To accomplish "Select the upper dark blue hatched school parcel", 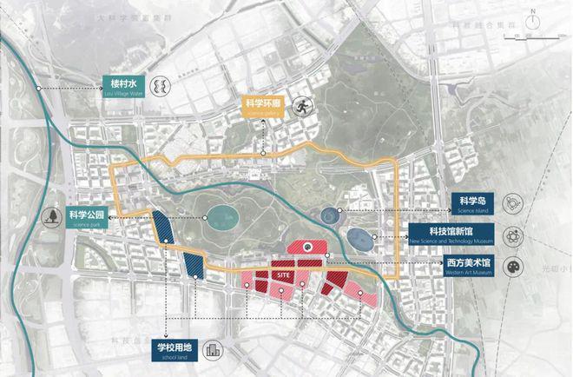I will pyautogui.click(x=164, y=228).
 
